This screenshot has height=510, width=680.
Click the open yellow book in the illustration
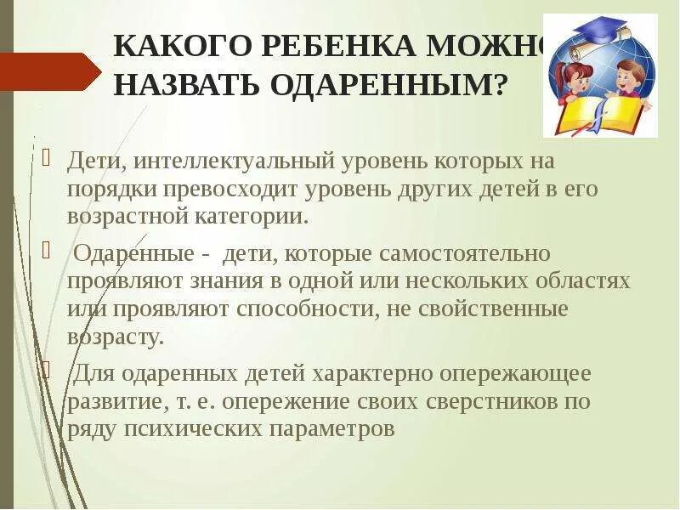coord(602,115)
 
